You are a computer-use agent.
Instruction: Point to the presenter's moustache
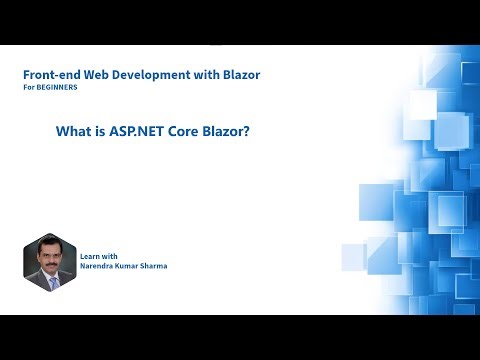(50, 265)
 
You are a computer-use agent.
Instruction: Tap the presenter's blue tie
(51, 283)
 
